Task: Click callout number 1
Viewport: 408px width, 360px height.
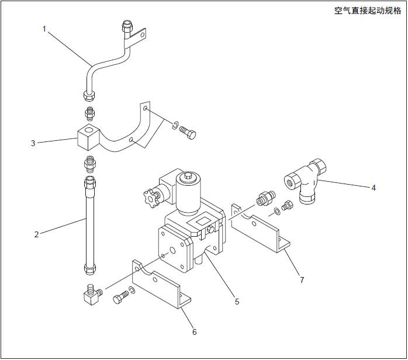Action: pos(44,28)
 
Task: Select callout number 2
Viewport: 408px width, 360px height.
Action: pos(37,234)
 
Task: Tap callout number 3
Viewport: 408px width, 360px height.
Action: pos(33,142)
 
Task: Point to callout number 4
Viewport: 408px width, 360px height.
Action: pos(373,188)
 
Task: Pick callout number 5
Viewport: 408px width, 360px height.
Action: pos(237,302)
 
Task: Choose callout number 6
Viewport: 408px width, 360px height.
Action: pos(195,332)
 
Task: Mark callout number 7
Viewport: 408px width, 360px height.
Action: pos(302,280)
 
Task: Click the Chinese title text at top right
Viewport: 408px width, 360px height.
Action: pos(367,11)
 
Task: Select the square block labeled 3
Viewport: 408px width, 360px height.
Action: pos(87,138)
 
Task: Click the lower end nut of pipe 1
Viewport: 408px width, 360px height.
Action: pos(89,95)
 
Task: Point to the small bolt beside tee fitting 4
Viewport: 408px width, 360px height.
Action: pos(286,206)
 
